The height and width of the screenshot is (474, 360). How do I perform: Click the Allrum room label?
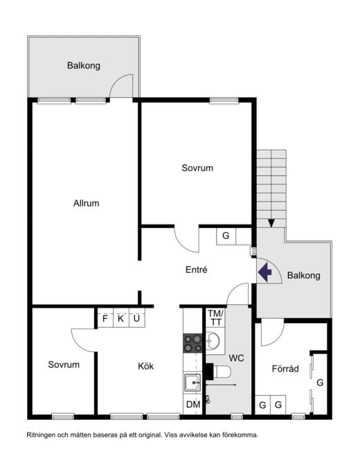pos(86,203)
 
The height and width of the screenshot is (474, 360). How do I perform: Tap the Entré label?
pos(197,270)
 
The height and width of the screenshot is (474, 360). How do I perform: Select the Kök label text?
pos(146,366)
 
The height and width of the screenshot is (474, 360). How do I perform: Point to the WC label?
pos(236,358)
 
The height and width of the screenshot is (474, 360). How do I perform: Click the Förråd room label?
pos(285,369)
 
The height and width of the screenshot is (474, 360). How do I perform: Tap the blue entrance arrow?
pos(265,272)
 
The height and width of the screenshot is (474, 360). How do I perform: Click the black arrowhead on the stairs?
pos(271,223)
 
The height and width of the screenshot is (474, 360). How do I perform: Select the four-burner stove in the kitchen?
pos(192,343)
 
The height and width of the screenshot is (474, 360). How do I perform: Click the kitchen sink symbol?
pos(192,383)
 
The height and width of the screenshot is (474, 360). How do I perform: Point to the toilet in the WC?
pos(221,371)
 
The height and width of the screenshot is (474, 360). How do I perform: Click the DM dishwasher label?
pos(193,405)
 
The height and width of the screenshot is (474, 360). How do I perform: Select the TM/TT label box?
pos(215,317)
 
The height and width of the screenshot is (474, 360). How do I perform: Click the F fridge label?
pos(105,318)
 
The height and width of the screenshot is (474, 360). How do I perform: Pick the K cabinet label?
pos(120,318)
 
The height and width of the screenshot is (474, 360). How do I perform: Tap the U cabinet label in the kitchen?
pos(136,318)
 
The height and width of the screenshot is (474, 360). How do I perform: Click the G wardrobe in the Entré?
pos(226,236)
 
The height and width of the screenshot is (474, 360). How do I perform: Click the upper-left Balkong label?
pos(84,66)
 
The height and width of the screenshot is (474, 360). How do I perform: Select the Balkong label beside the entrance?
pos(304,275)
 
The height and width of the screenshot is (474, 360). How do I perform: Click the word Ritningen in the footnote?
pos(40,435)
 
